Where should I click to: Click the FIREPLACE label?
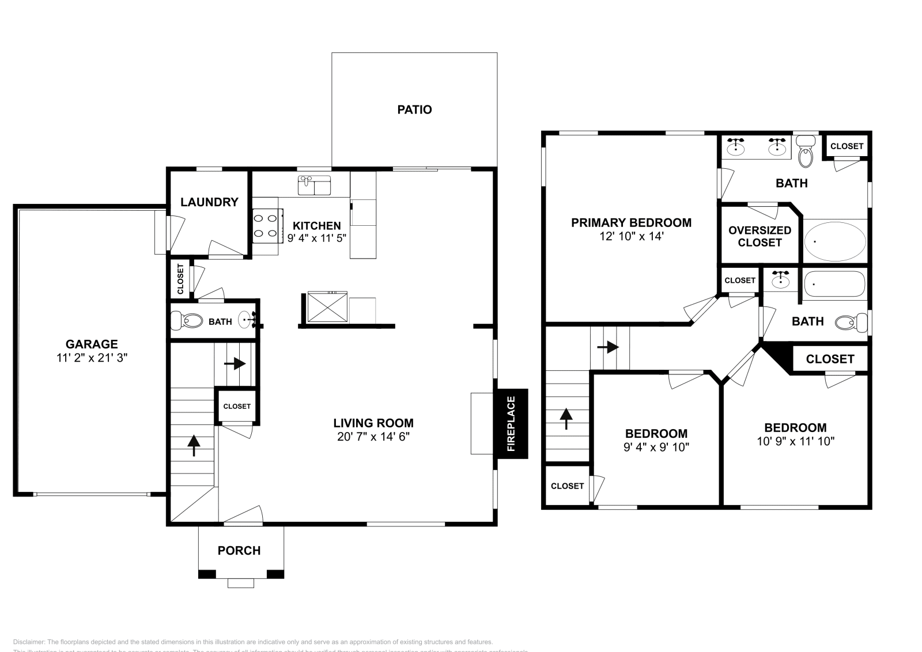click(x=511, y=423)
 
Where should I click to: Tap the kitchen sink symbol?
click(x=314, y=185)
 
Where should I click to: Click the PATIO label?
click(x=414, y=109)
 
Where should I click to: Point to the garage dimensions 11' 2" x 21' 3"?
click(x=92, y=358)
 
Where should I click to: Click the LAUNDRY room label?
click(x=209, y=202)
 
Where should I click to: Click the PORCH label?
click(x=239, y=551)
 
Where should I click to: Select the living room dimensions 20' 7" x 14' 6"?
click(x=373, y=437)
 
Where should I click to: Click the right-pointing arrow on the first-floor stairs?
click(x=239, y=364)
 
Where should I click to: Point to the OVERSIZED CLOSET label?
click(x=759, y=236)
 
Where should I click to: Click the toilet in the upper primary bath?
click(x=805, y=152)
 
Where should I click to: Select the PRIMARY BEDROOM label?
click(x=631, y=222)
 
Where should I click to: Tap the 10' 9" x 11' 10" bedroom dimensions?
click(x=796, y=441)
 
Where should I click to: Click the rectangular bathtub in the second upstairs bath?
click(x=834, y=283)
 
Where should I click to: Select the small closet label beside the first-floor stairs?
click(x=237, y=406)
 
